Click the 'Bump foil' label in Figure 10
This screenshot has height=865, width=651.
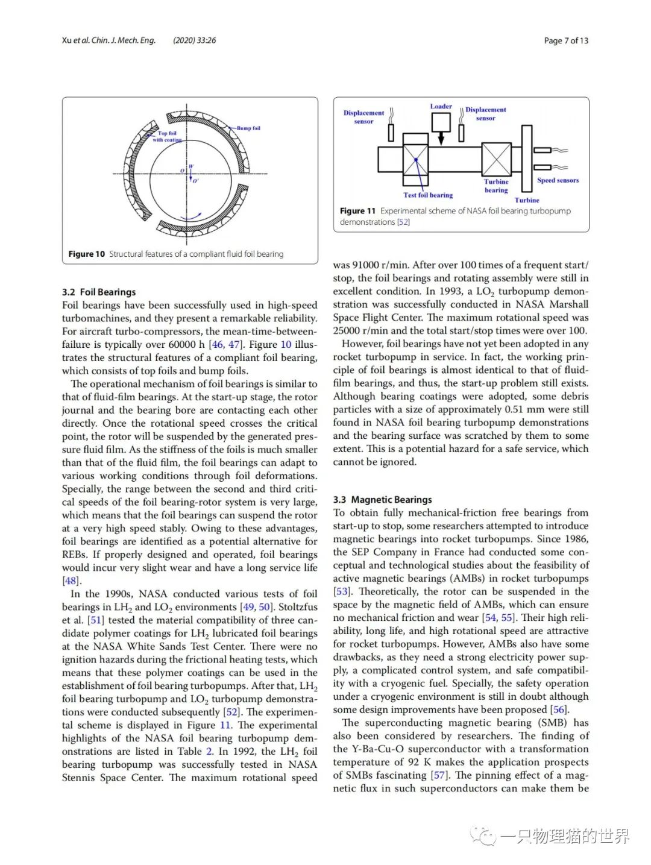coord(248,128)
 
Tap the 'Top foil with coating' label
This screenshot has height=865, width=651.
coord(167,136)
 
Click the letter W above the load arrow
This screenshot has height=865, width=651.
coord(191,166)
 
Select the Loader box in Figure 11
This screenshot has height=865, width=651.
coord(441,122)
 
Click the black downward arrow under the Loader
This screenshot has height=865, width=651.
coord(441,139)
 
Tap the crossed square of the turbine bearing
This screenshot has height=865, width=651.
coord(496,160)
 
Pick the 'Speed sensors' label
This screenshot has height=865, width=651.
coord(558,180)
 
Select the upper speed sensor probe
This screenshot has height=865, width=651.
coord(542,149)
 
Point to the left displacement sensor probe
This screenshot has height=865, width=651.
coord(391,133)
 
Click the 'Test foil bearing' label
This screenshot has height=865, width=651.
coord(428,195)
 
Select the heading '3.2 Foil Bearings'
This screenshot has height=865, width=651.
coord(99,292)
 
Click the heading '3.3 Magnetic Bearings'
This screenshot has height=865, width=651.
coord(382,499)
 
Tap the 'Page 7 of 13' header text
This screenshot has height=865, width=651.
coord(566,40)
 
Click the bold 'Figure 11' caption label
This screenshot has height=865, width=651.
coord(357,211)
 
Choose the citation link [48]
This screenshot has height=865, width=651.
coord(71,580)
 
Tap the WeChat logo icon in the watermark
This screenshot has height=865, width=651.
coord(483,835)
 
